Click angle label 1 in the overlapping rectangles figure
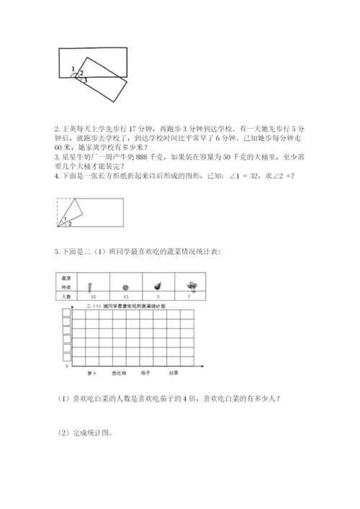[73, 68]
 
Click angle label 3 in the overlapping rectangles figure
[85, 80]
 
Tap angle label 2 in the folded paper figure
[70, 224]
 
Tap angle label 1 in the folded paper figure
[65, 218]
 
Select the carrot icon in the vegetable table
[91, 284]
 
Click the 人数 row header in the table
[66, 295]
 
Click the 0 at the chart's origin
[67, 366]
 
